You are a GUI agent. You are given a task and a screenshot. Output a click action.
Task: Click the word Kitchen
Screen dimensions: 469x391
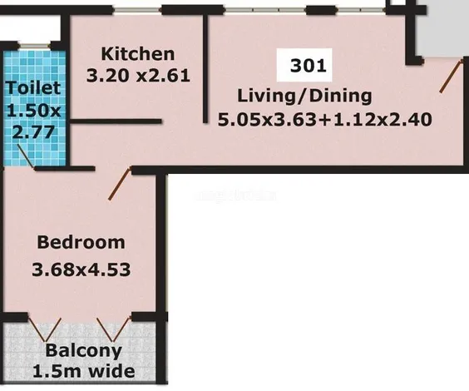138,54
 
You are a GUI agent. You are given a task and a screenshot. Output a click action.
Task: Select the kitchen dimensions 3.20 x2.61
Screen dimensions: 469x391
138,76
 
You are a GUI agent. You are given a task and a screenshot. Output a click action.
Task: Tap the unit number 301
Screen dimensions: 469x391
308,66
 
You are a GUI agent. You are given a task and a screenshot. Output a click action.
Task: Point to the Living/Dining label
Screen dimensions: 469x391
304,97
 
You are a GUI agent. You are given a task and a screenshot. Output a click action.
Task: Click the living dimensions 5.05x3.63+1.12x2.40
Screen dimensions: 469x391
325,120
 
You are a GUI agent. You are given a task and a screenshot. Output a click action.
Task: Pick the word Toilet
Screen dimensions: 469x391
33,88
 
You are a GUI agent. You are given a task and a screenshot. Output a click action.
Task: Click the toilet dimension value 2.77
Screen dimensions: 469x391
34,131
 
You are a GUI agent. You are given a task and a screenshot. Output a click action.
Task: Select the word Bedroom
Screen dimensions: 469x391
81,242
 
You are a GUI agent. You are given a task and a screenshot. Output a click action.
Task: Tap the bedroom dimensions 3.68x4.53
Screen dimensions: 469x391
81,270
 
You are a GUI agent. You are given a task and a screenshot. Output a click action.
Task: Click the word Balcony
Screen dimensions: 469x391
84,350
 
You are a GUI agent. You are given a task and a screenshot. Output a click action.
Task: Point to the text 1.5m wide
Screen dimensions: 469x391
84,371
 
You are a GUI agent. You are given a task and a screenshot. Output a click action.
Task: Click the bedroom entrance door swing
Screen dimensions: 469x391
120,183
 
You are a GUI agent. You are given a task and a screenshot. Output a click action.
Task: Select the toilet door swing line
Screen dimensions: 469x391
26,156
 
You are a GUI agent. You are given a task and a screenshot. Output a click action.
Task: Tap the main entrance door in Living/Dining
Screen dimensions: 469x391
451,76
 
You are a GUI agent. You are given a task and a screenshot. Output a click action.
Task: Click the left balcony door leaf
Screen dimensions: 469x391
45,329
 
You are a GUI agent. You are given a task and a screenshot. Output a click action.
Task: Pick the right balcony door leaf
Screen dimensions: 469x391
114,329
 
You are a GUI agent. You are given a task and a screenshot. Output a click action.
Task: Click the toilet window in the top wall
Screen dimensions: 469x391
34,46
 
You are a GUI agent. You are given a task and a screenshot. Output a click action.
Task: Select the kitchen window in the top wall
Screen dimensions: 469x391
138,11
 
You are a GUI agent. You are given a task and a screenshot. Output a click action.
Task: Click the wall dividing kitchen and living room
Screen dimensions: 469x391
205,69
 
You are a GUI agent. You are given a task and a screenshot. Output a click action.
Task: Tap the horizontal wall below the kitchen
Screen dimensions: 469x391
116,121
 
